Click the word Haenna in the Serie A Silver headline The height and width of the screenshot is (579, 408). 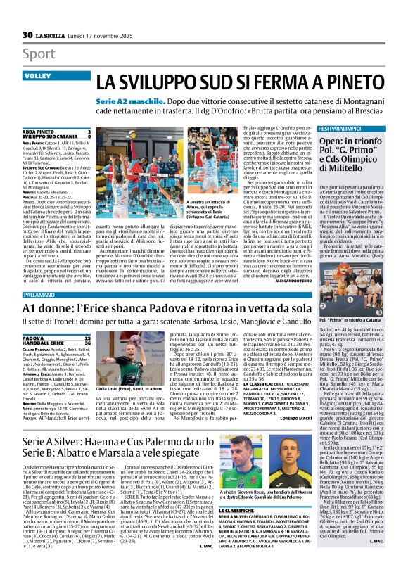click(96, 441)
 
